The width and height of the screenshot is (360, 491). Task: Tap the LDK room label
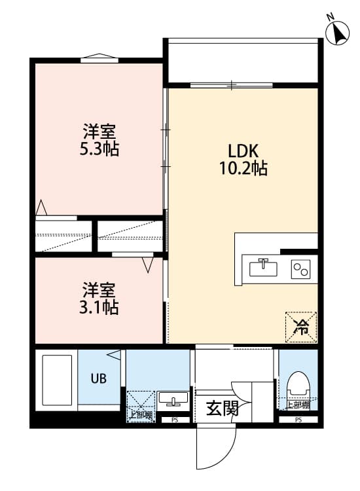242,149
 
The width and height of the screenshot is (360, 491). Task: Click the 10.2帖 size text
242,168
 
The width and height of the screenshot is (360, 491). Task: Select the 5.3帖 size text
99,148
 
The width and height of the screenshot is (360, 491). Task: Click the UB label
98,378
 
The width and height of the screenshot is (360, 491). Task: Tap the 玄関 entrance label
223,409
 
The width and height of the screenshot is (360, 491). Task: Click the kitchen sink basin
265,268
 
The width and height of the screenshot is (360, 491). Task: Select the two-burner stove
300,268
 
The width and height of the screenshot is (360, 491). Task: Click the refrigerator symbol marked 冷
301,325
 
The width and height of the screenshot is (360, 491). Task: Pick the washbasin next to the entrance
173,399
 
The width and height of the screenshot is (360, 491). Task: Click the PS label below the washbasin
174,420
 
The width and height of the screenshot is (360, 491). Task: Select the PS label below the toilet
298,420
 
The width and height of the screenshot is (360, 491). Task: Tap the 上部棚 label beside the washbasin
140,414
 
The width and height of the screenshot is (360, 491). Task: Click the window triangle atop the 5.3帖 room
99,58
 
